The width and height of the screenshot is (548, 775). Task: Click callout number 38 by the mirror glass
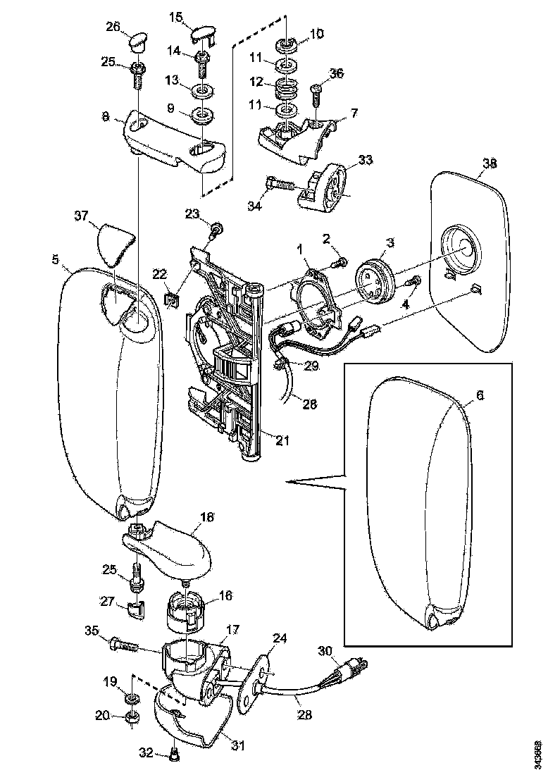[x=489, y=163]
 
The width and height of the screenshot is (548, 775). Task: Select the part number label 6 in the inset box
[x=480, y=396]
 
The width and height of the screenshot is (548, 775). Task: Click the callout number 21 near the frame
[x=282, y=441]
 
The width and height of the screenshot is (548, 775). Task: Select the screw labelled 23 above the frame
[x=216, y=228]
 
